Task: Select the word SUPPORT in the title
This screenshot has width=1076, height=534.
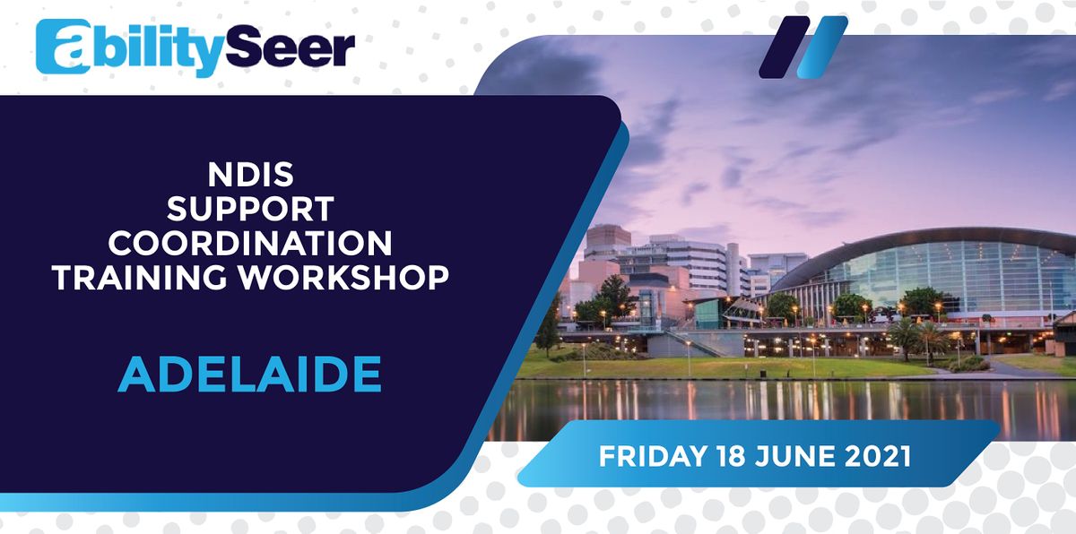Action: point(250,211)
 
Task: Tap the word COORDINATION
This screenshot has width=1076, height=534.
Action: point(250,244)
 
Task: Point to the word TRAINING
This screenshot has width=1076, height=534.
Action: point(143,277)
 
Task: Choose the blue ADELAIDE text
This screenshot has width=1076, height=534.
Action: point(250,375)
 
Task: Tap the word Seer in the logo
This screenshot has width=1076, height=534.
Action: point(299,49)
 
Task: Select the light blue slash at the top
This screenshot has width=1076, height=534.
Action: point(821,47)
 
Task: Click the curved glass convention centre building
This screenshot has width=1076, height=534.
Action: point(933,269)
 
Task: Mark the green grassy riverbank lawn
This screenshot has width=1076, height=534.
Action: point(717,366)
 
